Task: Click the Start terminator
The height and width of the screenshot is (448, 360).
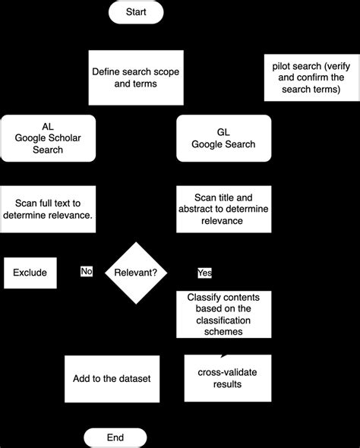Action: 135,11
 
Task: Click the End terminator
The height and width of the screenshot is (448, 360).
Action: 115,437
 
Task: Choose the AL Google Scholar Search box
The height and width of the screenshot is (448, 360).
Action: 49,137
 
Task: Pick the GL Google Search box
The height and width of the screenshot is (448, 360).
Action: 223,137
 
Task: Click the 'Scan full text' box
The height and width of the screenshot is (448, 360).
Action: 49,209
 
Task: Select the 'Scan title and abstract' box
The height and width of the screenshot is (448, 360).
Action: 223,209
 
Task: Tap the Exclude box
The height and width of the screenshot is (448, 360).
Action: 30,273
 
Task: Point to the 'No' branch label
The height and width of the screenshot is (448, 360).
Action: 87,271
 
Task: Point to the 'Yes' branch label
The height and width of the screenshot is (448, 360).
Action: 204,272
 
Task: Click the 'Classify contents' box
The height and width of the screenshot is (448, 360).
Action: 223,314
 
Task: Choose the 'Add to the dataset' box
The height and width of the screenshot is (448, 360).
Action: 112,378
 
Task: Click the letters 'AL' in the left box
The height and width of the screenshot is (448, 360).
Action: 49,126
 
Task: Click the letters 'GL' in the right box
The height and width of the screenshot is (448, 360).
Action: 223,132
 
